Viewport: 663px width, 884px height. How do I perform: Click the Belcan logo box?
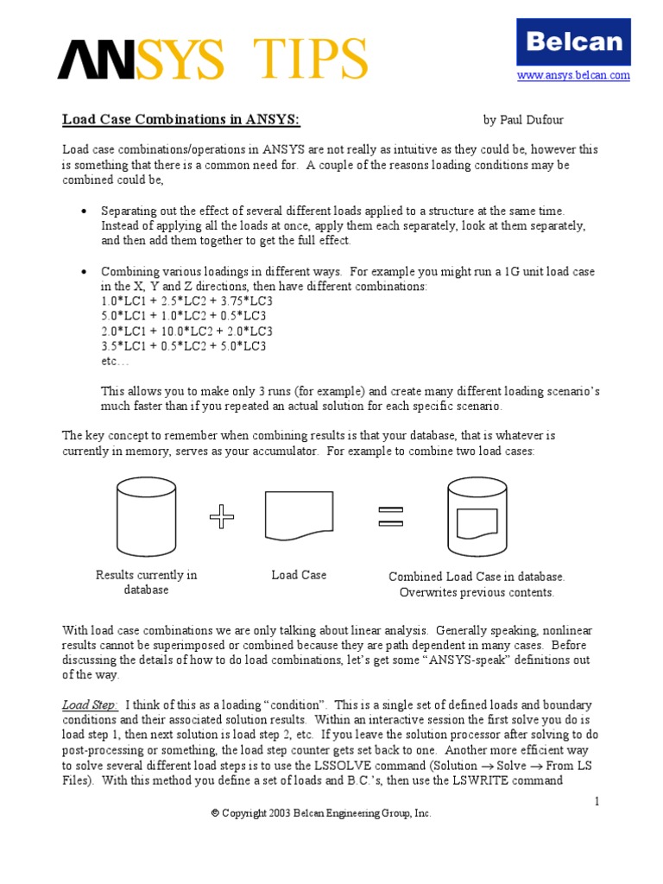573,41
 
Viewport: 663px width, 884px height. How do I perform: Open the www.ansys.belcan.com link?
573,76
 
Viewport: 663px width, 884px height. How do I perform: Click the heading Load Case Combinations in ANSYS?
181,119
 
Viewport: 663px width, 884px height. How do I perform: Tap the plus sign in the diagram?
222,517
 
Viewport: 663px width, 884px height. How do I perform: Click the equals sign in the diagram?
390,516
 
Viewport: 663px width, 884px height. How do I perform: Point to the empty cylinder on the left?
146,519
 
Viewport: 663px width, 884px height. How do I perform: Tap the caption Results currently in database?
146,582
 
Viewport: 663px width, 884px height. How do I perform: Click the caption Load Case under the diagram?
299,575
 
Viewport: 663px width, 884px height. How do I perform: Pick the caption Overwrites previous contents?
477,592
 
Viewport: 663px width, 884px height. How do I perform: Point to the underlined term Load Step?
90,704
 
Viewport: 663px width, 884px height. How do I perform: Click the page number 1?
596,802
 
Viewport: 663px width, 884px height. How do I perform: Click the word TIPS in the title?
302,59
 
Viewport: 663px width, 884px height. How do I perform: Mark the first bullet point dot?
83,212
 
